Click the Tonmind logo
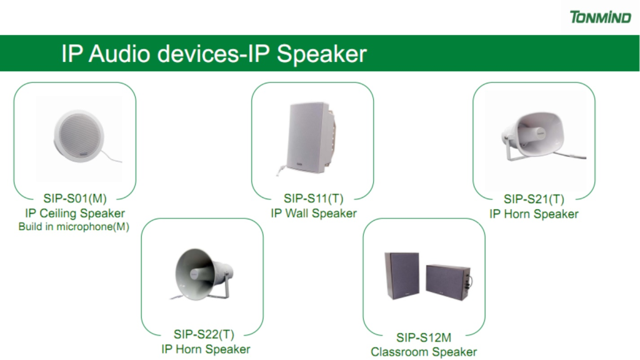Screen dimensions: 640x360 pyautogui.click(x=601, y=17)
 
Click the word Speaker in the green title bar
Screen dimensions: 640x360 pyautogui.click(x=322, y=54)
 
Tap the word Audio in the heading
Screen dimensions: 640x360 pyautogui.click(x=119, y=53)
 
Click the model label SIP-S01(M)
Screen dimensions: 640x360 pyautogui.click(x=75, y=198)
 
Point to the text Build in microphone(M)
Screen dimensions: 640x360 pyautogui.click(x=74, y=226)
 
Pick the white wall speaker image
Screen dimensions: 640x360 pyautogui.click(x=309, y=138)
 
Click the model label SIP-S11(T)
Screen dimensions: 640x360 pyautogui.click(x=314, y=198)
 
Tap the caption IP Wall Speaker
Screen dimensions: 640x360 pyautogui.click(x=314, y=213)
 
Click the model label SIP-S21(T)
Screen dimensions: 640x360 pyautogui.click(x=534, y=199)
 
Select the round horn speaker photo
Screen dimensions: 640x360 pyautogui.click(x=202, y=274)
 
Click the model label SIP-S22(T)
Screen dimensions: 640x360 pyautogui.click(x=204, y=334)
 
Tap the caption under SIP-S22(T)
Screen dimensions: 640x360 pyautogui.click(x=206, y=349)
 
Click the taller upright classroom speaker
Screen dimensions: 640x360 pyautogui.click(x=402, y=275)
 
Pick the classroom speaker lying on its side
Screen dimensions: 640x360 pyautogui.click(x=448, y=282)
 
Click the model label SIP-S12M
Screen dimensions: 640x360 pyautogui.click(x=424, y=337)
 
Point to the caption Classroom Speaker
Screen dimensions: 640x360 pyautogui.click(x=424, y=352)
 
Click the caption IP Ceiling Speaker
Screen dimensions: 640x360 pyautogui.click(x=75, y=213)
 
